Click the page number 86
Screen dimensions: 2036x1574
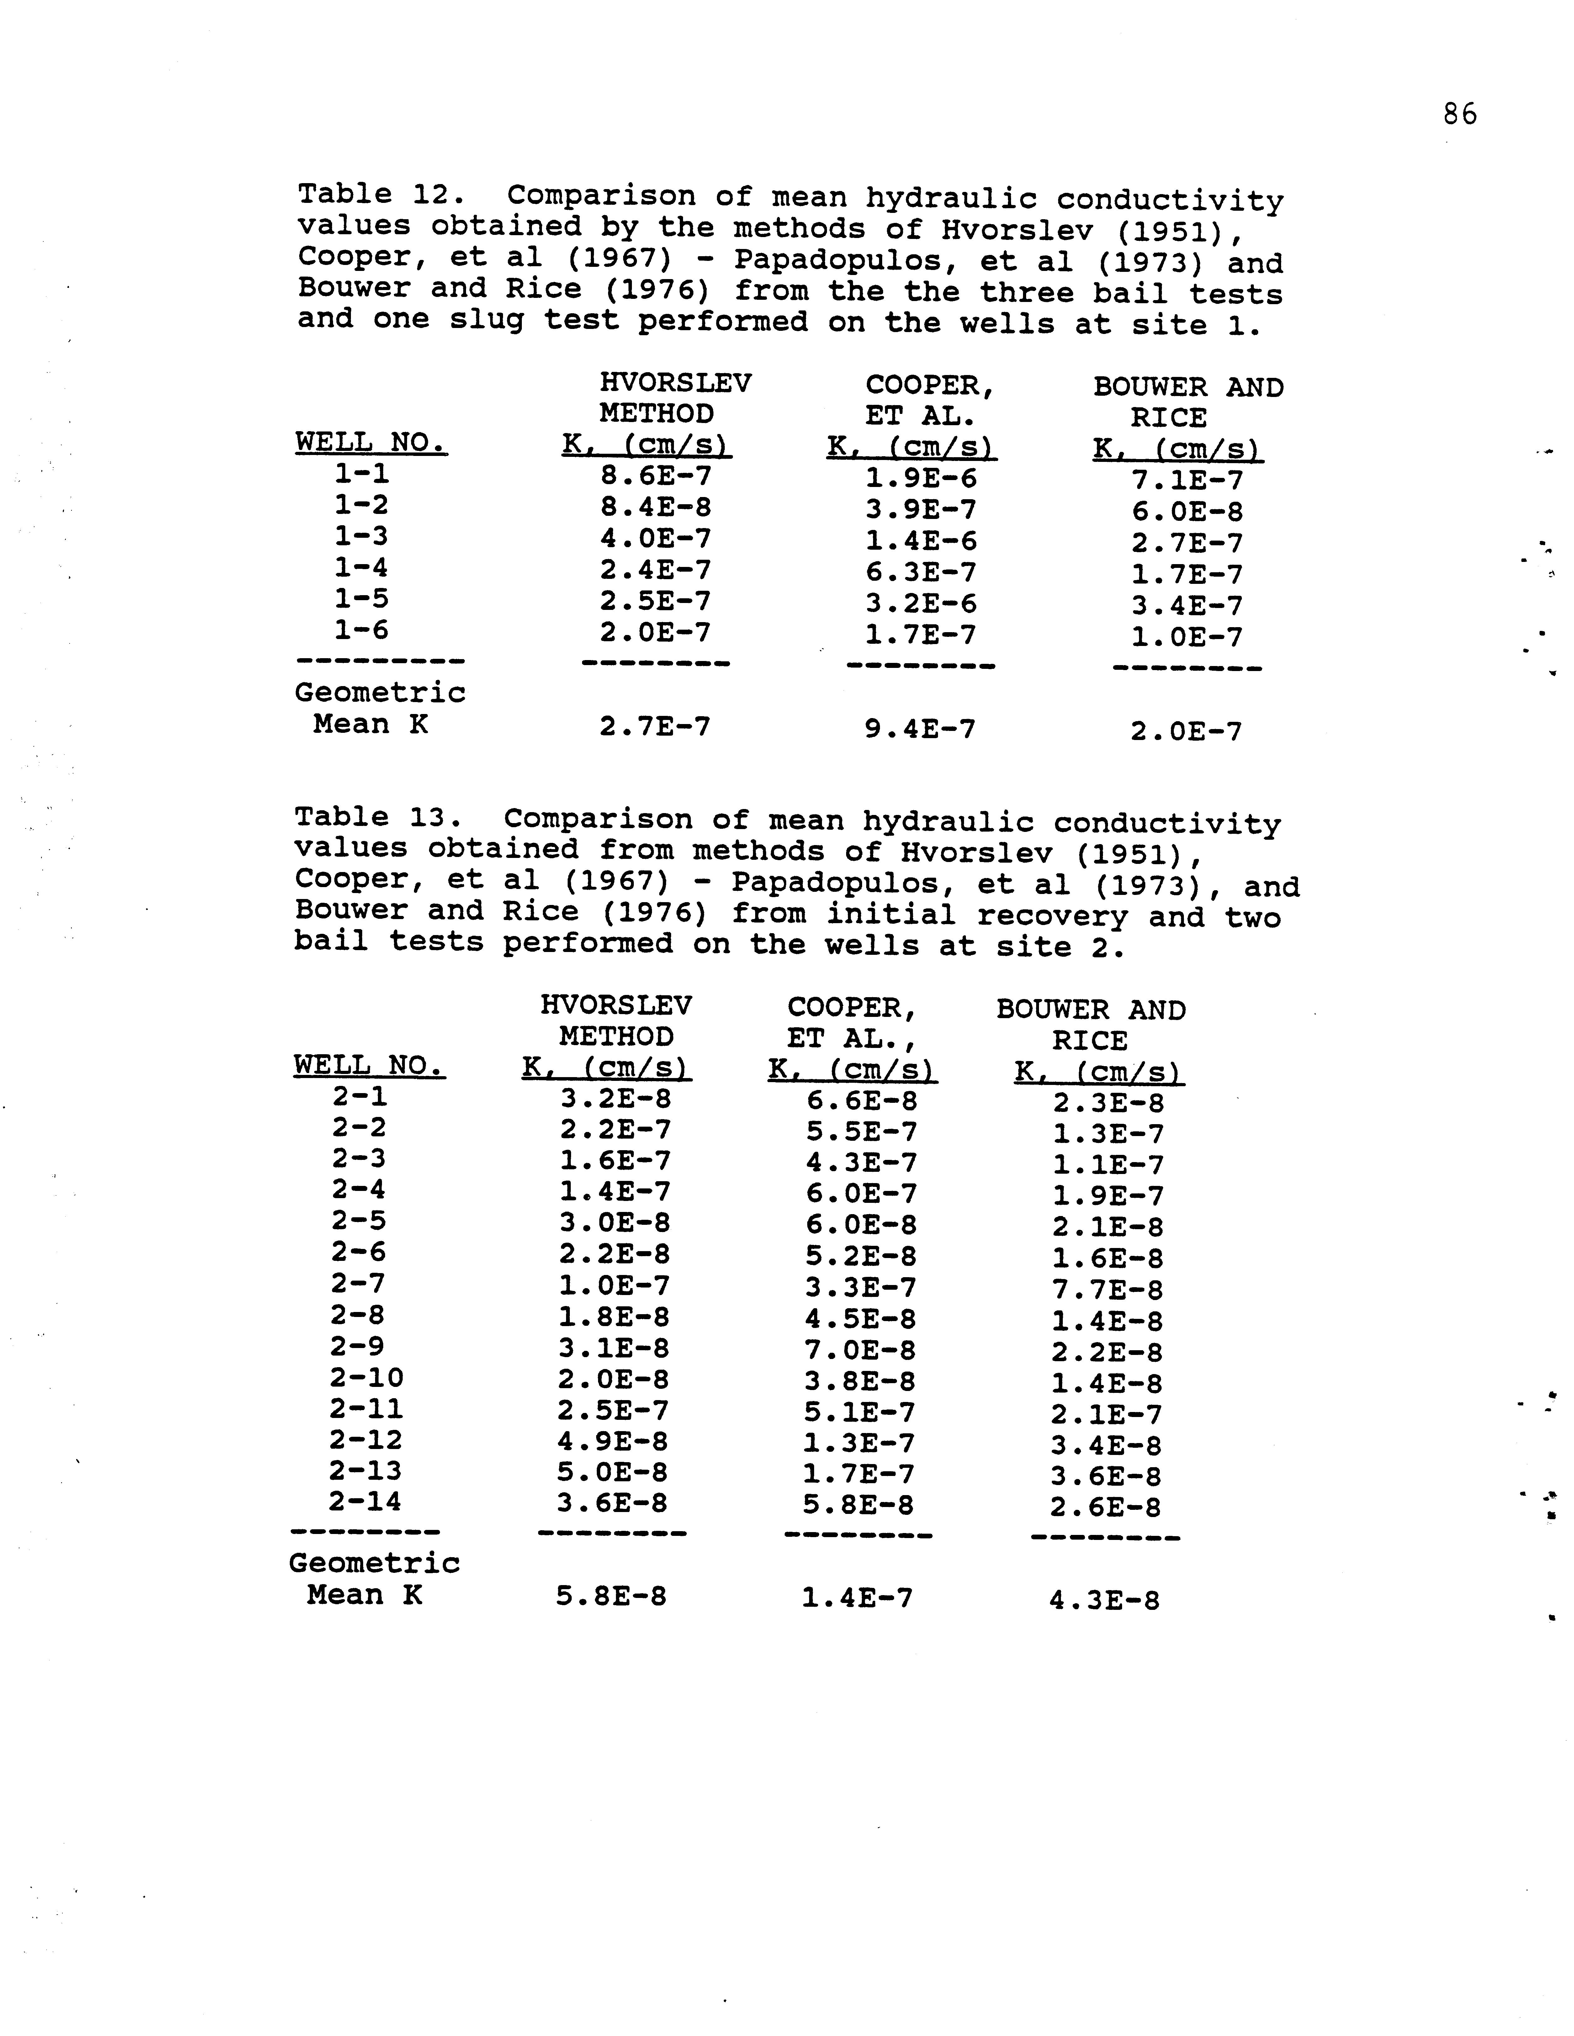1459,115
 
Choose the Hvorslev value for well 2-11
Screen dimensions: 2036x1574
613,1410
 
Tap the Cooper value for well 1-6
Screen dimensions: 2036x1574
920,635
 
